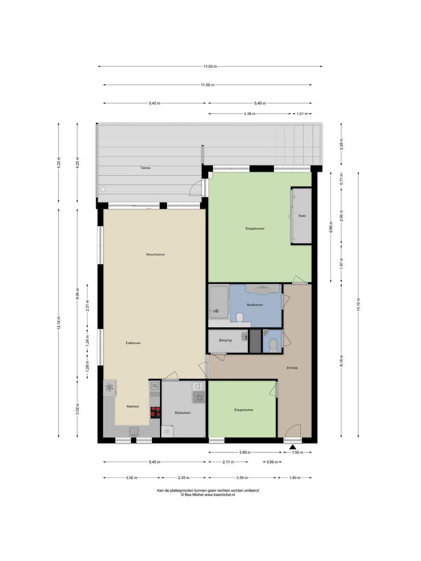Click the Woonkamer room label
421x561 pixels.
[155, 254]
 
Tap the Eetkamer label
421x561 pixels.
[133, 343]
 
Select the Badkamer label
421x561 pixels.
[255, 305]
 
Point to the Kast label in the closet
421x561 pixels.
[302, 216]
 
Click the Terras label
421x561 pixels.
[146, 168]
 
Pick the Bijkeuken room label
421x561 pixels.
[183, 412]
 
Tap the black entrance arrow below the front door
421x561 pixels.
[293, 447]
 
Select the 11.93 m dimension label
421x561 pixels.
[210, 67]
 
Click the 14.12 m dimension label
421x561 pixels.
[358, 304]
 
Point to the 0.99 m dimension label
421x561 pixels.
[272, 462]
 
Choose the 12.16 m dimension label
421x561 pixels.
[59, 323]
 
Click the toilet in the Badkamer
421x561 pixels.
[240, 318]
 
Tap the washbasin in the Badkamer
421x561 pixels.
[262, 289]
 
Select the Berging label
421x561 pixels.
[225, 340]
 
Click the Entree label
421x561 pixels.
[292, 368]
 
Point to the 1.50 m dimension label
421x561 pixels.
[298, 452]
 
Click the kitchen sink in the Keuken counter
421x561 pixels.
[134, 432]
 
